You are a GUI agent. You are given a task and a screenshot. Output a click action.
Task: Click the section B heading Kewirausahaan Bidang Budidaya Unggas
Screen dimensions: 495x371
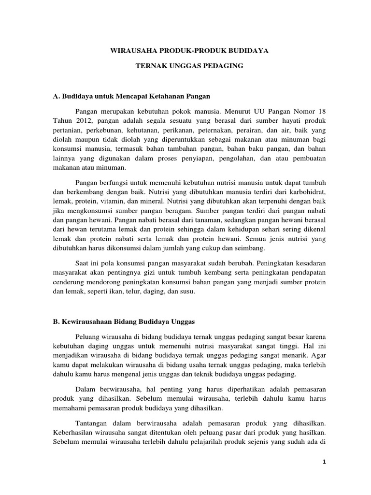pos(124,321)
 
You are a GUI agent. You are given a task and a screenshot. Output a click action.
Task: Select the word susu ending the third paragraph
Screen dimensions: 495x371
pos(185,293)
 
